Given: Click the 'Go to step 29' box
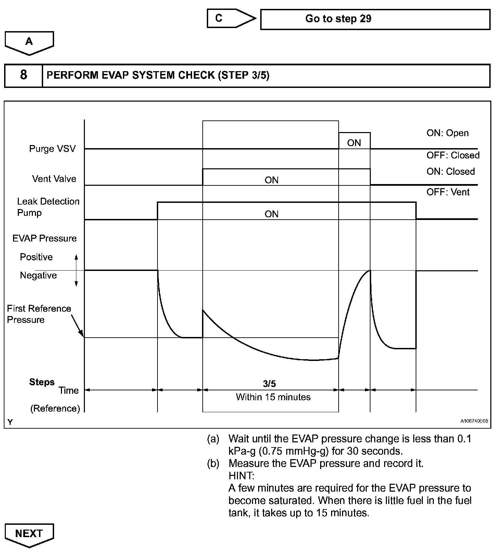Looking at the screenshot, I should (375, 19).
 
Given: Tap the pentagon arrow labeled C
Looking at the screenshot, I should (231, 18).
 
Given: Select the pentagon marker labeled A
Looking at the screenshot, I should (29, 42).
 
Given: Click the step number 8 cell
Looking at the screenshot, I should (23, 75).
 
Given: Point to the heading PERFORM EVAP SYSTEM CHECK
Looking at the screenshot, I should (158, 75).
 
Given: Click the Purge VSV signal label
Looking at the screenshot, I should (52, 149).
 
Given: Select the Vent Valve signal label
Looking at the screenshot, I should (54, 179).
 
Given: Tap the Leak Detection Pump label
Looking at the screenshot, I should (48, 207).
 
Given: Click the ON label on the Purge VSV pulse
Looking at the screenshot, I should (354, 143).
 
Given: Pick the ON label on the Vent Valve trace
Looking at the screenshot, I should (272, 180).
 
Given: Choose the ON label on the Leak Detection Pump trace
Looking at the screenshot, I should (272, 214).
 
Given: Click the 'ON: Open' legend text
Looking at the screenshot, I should (447, 133).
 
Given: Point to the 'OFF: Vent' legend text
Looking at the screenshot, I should (448, 192).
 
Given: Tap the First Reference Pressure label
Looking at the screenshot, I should (39, 314).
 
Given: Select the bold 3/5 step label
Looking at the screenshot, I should (269, 384).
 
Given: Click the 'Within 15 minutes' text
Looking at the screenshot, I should (273, 397).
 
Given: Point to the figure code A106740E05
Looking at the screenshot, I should (474, 421).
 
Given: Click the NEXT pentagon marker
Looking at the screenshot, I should (29, 534).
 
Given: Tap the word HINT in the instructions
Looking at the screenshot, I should (241, 476).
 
